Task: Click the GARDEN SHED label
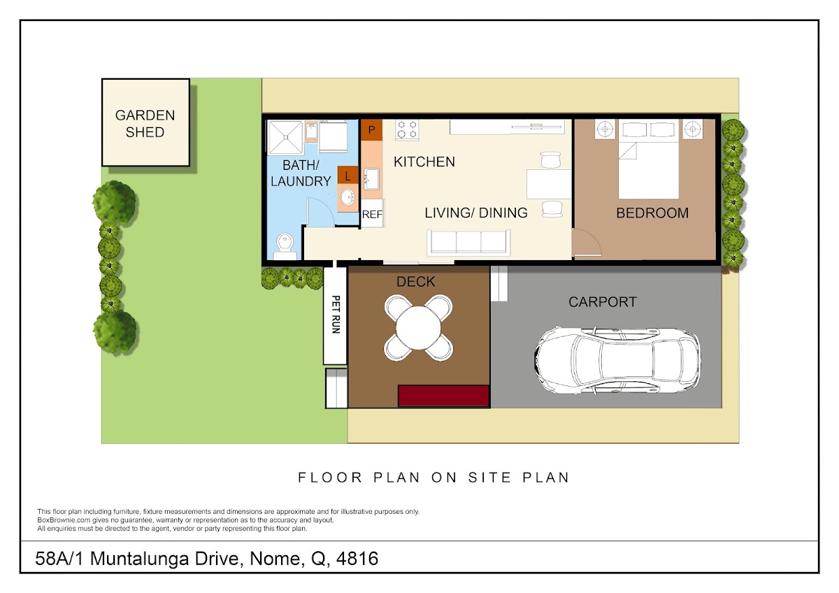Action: pos(145,124)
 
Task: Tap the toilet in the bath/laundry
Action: pos(285,246)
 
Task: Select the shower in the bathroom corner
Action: pos(285,137)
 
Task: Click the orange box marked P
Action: pos(371,130)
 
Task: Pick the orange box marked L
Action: pos(347,176)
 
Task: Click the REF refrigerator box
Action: pos(372,213)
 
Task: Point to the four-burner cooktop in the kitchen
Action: pos(407,129)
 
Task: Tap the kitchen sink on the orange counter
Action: pos(371,179)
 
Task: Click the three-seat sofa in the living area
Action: pos(468,243)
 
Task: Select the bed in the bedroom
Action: pos(648,159)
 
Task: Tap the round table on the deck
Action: pos(418,328)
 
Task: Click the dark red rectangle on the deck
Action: pos(443,396)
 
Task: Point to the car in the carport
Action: pos(617,360)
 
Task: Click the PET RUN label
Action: pos(336,315)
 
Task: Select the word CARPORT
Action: pos(602,302)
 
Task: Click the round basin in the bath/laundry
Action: pos(347,197)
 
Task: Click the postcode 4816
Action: pos(357,559)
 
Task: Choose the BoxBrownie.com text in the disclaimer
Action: pos(64,520)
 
